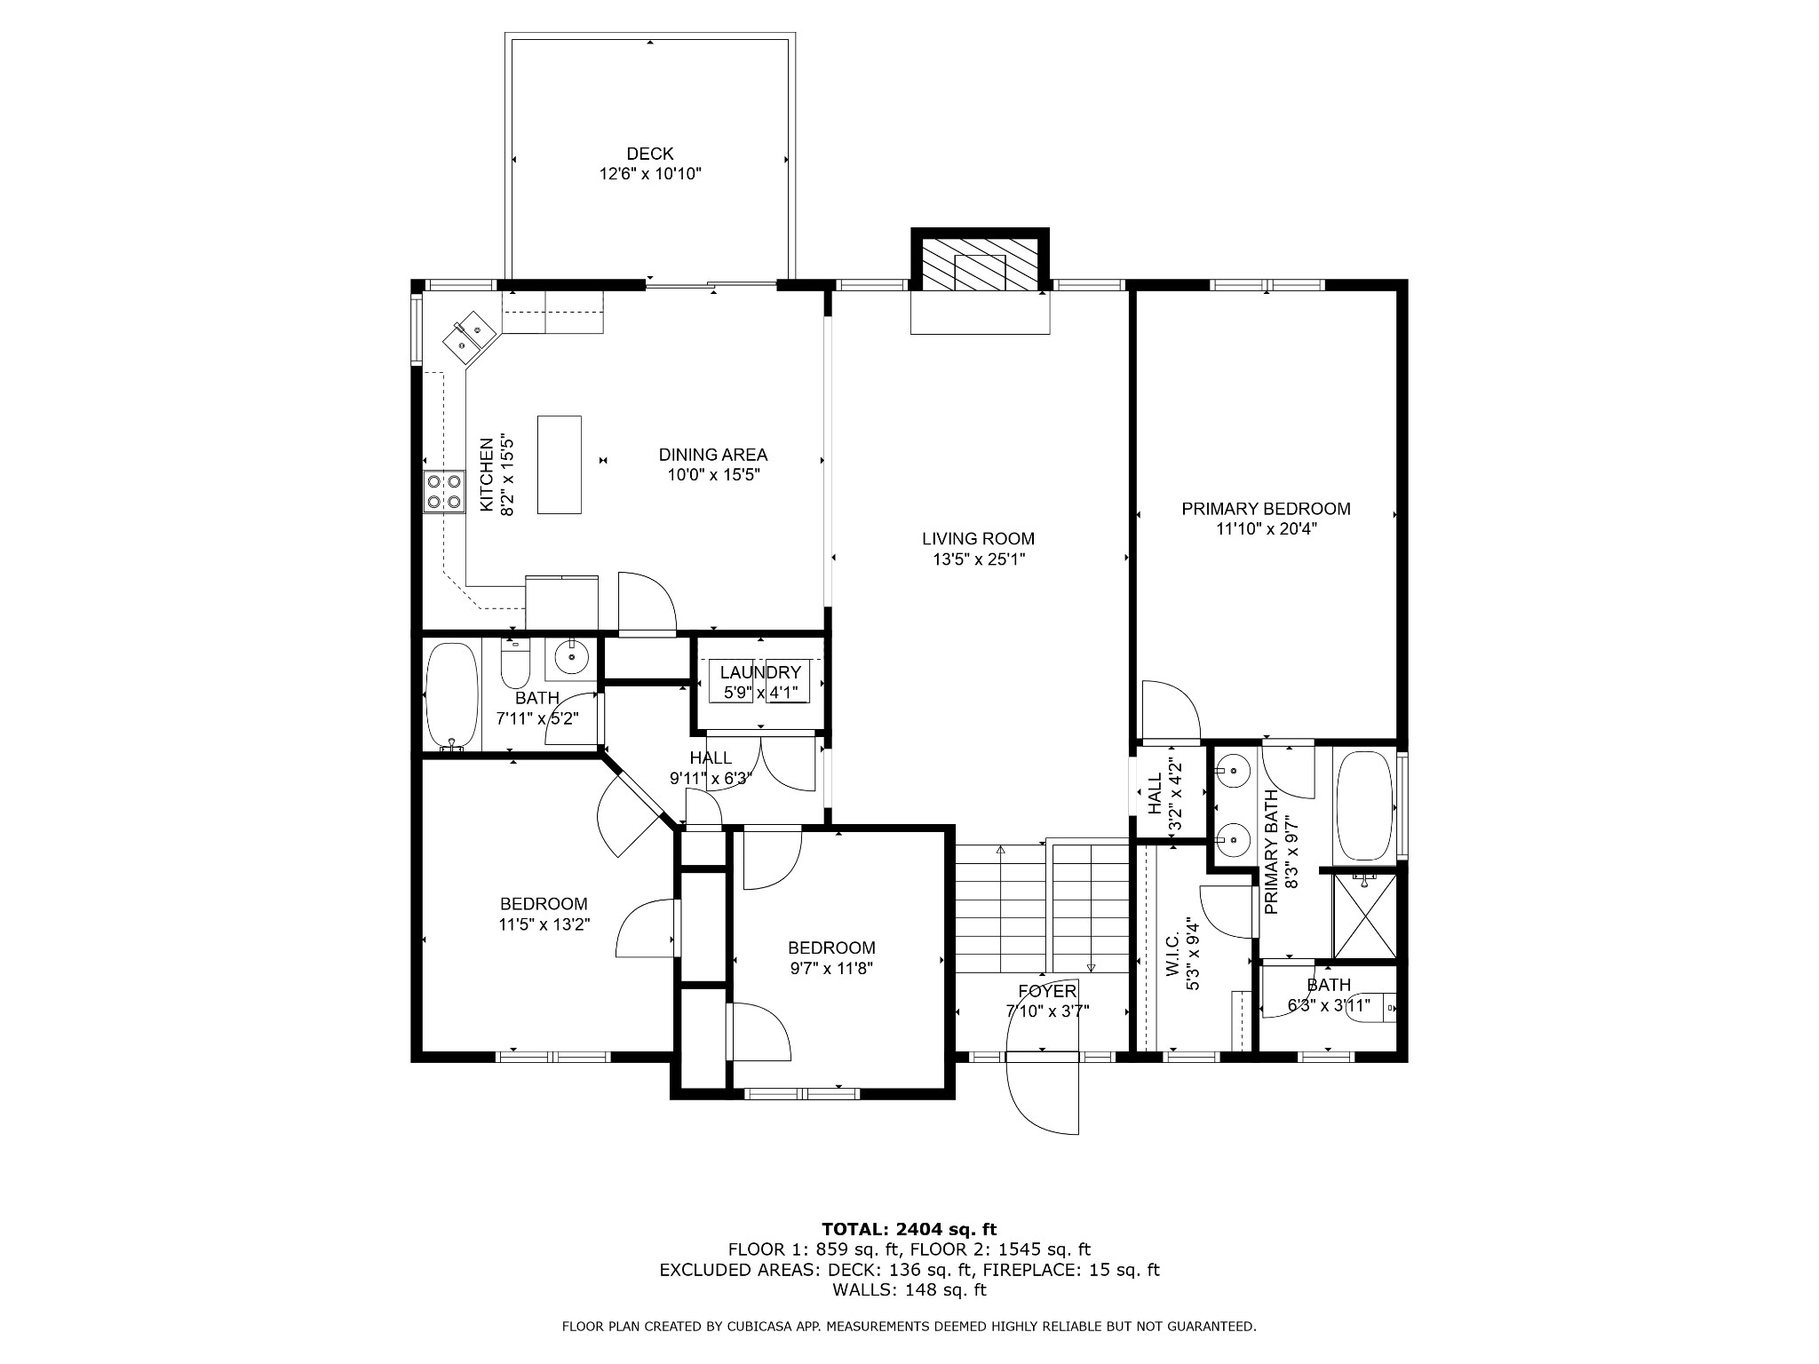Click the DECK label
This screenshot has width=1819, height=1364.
(x=650, y=154)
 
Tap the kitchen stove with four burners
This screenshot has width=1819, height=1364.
(x=444, y=491)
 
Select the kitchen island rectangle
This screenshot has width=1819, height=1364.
(x=560, y=464)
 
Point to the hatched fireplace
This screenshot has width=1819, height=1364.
(x=981, y=263)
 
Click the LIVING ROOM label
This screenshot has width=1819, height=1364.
(x=978, y=538)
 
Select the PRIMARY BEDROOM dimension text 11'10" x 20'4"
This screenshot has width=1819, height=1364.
(x=1266, y=529)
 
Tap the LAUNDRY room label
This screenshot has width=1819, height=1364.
(x=760, y=672)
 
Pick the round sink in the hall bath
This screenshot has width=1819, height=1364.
(x=571, y=658)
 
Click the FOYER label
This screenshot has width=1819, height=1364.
(x=1047, y=991)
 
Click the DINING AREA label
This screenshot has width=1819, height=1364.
(x=713, y=455)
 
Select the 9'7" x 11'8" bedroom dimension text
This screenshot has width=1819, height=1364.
(x=832, y=969)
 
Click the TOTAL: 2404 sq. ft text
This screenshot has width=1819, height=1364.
(x=909, y=1229)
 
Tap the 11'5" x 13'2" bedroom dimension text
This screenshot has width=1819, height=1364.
(x=544, y=924)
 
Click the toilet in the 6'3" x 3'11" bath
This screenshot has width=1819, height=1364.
(x=1371, y=1008)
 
